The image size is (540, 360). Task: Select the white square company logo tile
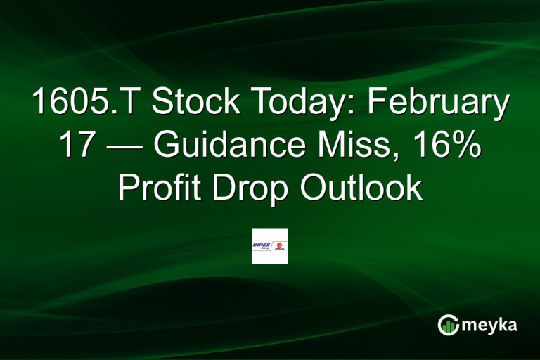tap(270, 246)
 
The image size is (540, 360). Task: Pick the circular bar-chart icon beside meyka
tap(449, 324)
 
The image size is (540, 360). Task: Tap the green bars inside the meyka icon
tap(449, 326)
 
